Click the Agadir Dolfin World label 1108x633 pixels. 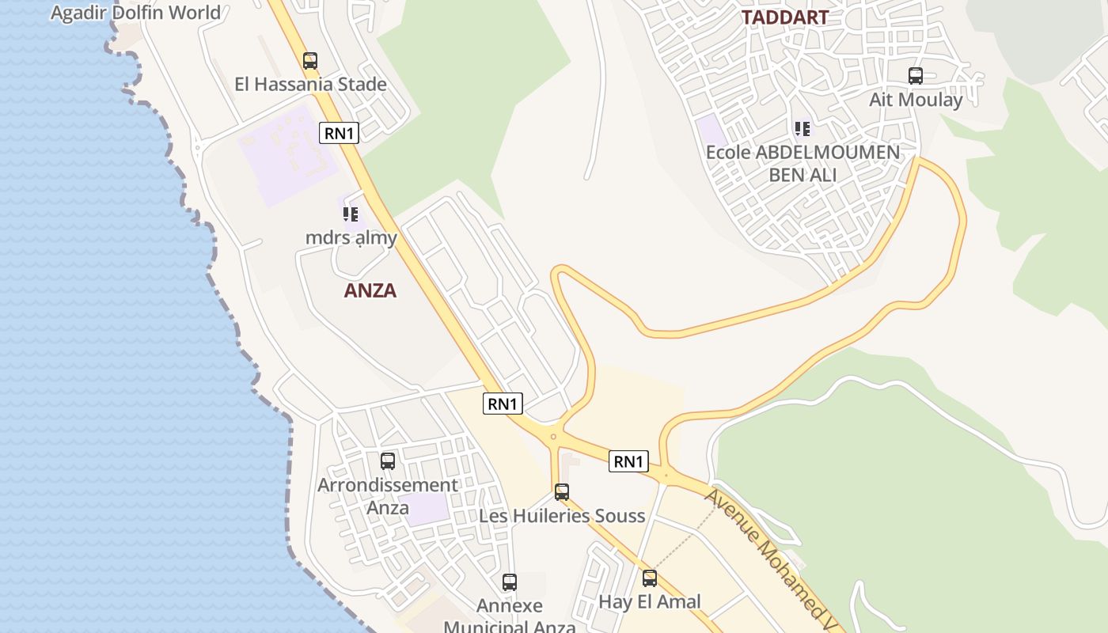[x=135, y=13]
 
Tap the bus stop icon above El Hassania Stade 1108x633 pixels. [x=310, y=60]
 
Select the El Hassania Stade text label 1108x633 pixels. [x=310, y=84]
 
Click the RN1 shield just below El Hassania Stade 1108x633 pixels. [x=339, y=133]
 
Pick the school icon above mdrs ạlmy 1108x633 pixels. [x=351, y=214]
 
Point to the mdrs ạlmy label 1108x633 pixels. [x=351, y=237]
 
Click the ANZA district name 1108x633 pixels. [x=370, y=290]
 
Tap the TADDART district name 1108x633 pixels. [x=784, y=17]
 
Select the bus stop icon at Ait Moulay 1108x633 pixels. [x=916, y=76]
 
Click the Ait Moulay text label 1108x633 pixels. [x=916, y=100]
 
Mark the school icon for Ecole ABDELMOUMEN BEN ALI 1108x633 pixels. [x=803, y=128]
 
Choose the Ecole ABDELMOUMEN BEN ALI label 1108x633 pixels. [x=803, y=162]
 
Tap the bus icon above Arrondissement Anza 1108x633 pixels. [x=388, y=461]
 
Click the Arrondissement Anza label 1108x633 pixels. [x=388, y=495]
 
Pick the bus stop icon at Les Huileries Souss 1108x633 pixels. [x=562, y=492]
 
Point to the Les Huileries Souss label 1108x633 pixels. [x=562, y=516]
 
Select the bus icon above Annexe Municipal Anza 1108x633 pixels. [x=510, y=582]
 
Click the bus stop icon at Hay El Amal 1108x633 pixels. [x=650, y=578]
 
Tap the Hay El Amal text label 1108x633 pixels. [x=650, y=601]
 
